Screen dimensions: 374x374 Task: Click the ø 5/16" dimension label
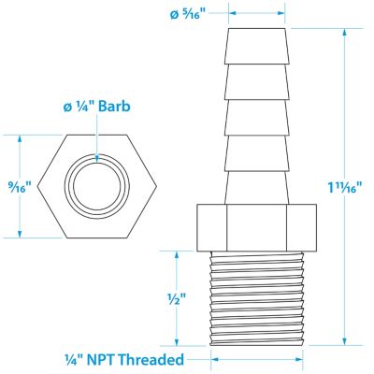(x=189, y=14)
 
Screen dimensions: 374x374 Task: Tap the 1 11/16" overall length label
(x=346, y=187)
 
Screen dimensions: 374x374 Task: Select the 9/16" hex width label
(x=21, y=187)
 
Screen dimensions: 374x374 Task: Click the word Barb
(x=114, y=107)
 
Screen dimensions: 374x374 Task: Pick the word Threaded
(x=151, y=360)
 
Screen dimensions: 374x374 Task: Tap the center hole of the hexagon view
(x=97, y=186)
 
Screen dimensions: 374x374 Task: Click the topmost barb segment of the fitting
(x=256, y=47)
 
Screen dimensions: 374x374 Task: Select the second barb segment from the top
(x=256, y=82)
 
